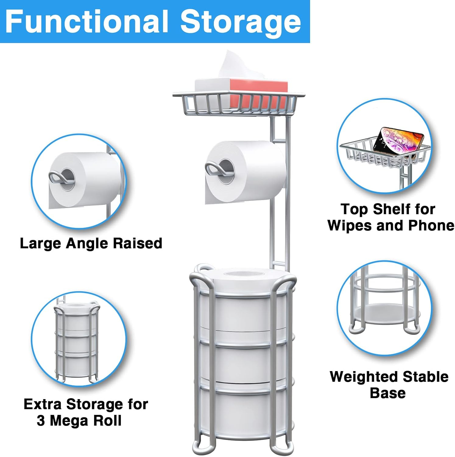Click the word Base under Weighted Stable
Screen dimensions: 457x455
pyautogui.click(x=387, y=393)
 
